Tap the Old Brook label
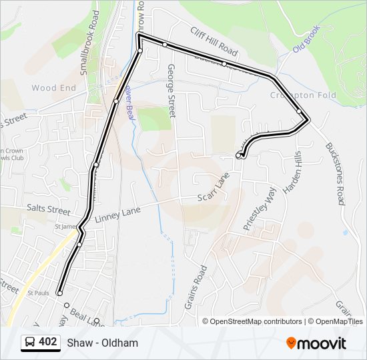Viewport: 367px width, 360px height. [307, 39]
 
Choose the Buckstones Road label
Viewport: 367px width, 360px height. [335, 173]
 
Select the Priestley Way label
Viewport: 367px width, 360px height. [259, 208]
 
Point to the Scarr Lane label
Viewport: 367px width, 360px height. [214, 188]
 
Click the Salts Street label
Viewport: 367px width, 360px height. [48, 209]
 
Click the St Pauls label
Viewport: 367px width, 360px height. [38, 292]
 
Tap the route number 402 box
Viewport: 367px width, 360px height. [47, 342]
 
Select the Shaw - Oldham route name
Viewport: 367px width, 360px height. [102, 343]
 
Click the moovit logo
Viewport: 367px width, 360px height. [316, 343]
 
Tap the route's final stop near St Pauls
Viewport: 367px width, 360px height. [59, 293]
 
